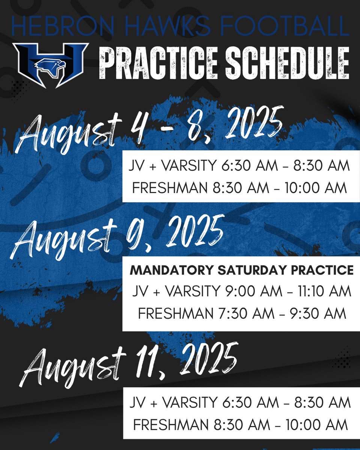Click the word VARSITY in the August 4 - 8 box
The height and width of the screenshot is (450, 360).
click(x=181, y=166)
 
